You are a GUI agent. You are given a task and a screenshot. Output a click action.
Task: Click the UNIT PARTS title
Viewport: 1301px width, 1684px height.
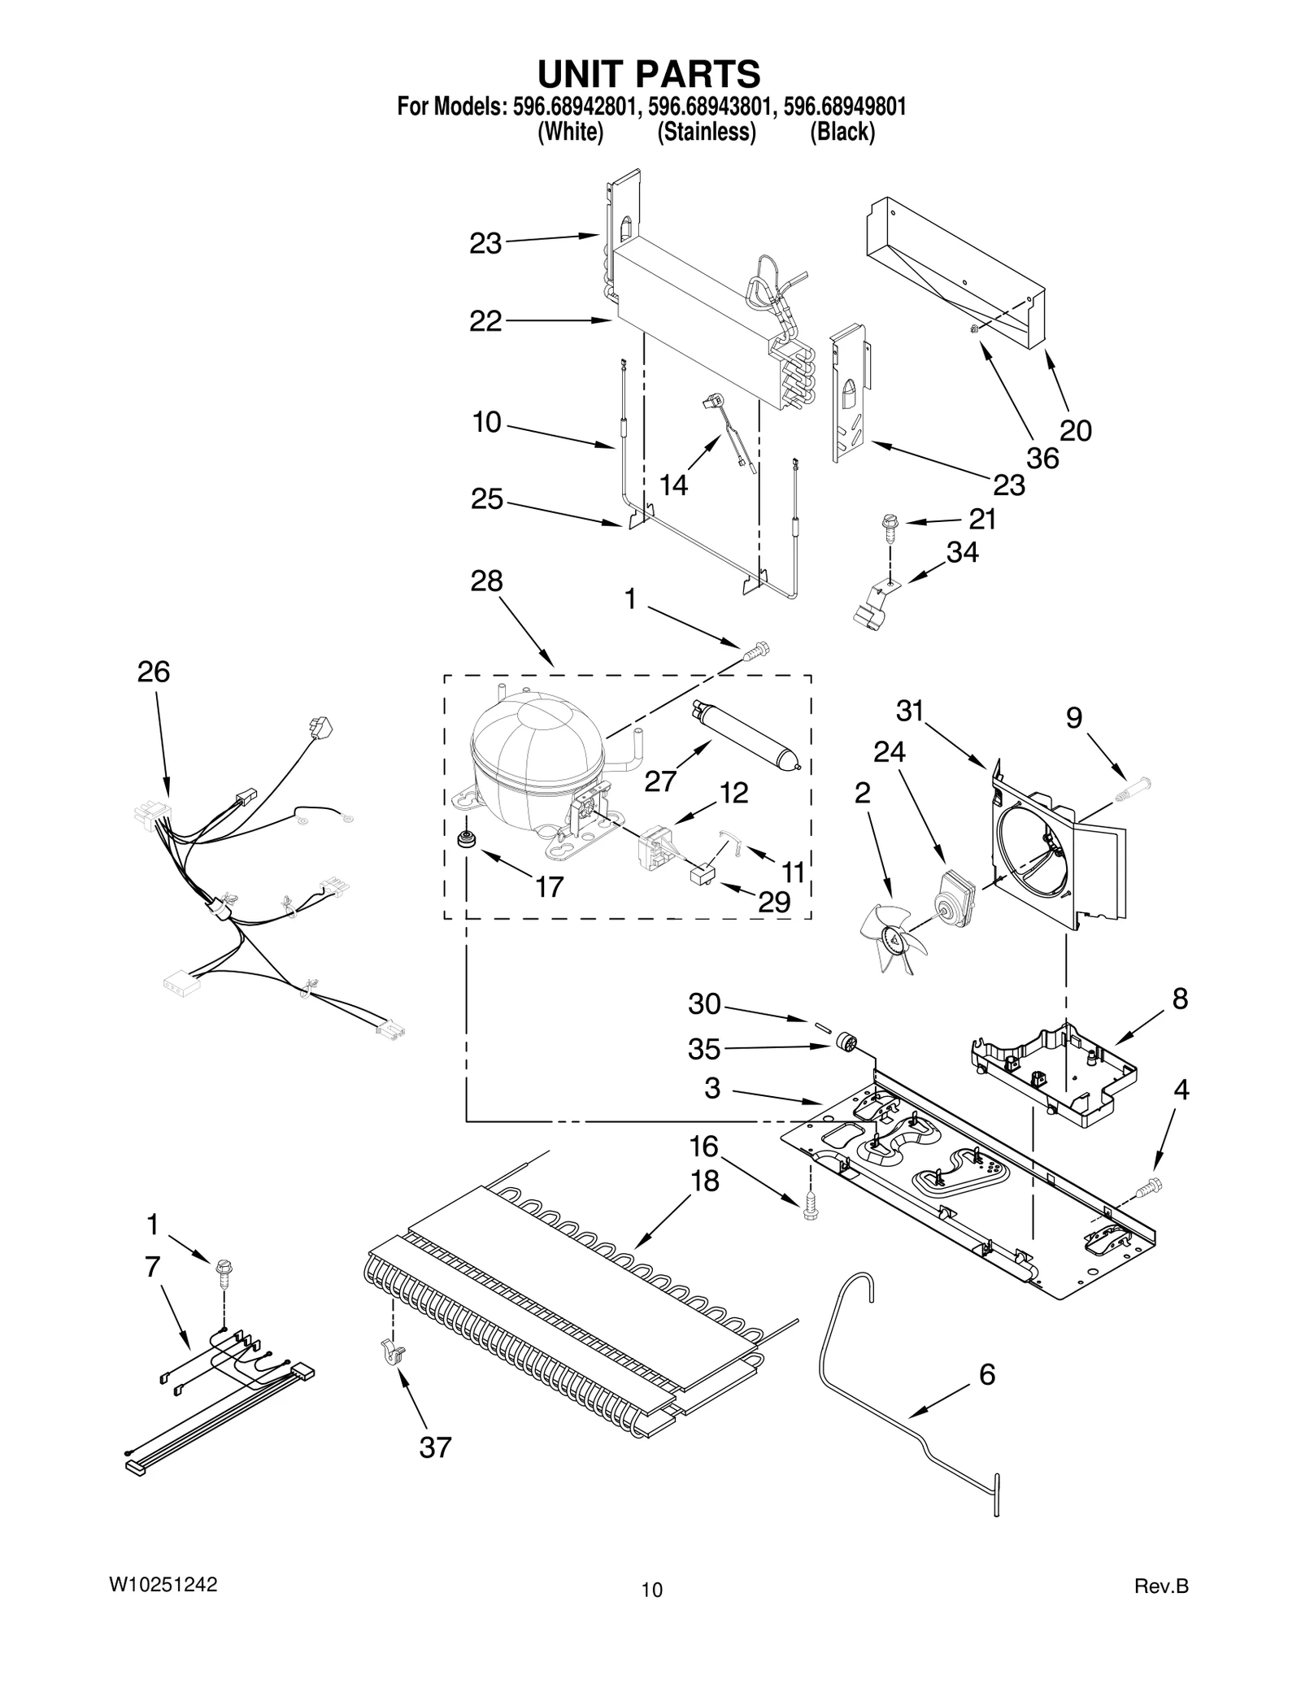click(x=649, y=74)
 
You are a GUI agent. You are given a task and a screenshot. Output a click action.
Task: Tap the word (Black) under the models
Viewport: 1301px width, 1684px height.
click(x=842, y=132)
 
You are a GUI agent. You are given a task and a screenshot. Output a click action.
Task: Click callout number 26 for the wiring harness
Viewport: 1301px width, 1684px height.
click(x=154, y=672)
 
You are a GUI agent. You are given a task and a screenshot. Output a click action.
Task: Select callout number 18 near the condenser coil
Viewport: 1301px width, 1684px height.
click(x=704, y=1180)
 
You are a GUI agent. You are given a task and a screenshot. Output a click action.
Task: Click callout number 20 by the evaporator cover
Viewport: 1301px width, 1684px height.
click(x=1075, y=430)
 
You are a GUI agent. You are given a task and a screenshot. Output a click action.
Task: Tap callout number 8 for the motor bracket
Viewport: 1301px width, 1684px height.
click(x=1180, y=999)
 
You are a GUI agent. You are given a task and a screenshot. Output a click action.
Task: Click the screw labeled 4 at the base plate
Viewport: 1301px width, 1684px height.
click(x=1152, y=1188)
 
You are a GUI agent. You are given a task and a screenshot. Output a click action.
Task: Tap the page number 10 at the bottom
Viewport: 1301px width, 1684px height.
click(x=651, y=1590)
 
